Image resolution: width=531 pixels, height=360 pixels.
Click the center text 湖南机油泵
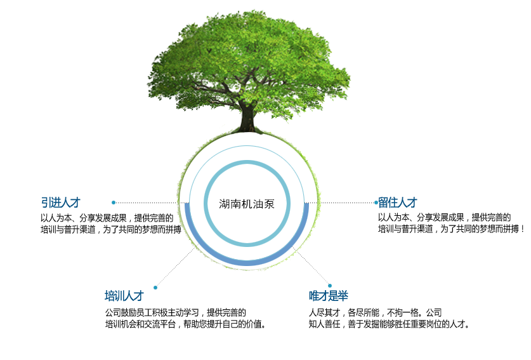click(x=247, y=204)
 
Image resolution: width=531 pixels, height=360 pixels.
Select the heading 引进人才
click(x=61, y=203)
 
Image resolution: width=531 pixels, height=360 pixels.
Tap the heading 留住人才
click(x=398, y=203)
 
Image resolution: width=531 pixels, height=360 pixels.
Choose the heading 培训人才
click(x=124, y=296)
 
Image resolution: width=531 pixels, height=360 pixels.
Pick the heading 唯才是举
click(x=328, y=296)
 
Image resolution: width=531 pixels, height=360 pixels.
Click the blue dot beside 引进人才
click(x=114, y=203)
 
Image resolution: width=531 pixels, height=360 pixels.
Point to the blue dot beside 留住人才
click(x=376, y=203)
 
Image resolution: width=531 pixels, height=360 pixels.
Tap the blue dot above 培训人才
click(x=155, y=288)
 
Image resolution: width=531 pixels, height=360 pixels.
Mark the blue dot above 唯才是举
click(x=330, y=286)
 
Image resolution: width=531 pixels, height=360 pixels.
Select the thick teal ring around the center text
click(x=204, y=203)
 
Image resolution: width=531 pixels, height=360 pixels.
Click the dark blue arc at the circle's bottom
click(x=247, y=263)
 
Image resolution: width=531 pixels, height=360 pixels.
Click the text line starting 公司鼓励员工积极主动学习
click(x=176, y=312)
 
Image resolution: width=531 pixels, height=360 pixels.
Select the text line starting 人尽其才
click(x=375, y=312)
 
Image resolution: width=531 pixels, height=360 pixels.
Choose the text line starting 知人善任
click(x=389, y=324)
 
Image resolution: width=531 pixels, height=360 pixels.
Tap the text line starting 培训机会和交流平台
click(x=186, y=324)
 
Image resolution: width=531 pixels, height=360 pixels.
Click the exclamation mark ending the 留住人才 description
click(x=523, y=229)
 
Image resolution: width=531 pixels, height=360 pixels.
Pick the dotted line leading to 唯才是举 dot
click(x=310, y=265)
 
